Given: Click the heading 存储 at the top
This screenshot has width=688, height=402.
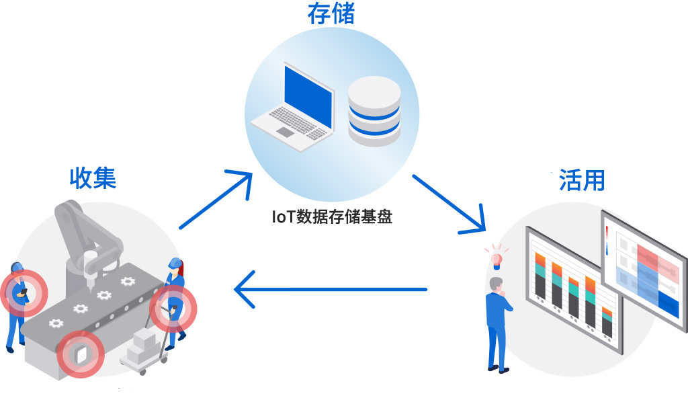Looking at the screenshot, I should coord(331,14).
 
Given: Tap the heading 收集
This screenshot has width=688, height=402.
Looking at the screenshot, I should coord(93,177).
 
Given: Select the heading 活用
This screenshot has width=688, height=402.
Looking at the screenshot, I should coord(582,180).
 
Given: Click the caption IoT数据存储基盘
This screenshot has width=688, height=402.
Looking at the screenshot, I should coord(331,217).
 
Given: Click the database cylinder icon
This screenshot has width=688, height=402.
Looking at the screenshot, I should coord(374,111).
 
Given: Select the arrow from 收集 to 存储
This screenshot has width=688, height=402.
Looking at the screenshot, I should coord(216,200).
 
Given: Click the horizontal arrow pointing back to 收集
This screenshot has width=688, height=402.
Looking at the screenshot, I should coord(329,290).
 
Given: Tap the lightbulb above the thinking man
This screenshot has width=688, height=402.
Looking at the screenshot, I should coord(497,258).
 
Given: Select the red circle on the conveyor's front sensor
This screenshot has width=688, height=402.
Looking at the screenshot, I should coord(80,354).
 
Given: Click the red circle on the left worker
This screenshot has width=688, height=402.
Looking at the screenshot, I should coord(24,293).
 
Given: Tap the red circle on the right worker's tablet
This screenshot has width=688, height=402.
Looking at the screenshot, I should coord(173,309).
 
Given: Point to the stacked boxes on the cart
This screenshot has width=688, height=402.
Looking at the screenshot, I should coord(143,344).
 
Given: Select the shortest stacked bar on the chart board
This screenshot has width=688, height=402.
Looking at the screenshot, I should coord(607,323).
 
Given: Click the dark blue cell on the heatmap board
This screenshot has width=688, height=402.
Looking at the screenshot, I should coord(669,303).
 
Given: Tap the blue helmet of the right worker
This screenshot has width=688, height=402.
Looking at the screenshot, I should coord(175,263).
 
